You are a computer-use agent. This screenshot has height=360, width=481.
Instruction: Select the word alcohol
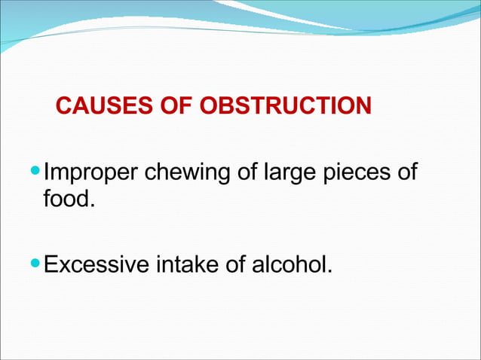click(x=290, y=266)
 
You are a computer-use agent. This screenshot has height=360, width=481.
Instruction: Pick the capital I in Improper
click(x=47, y=172)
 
